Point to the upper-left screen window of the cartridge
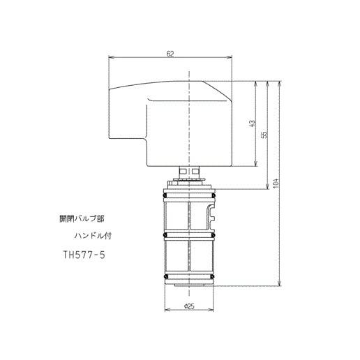pos(177,215)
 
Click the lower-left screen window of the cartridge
pos(177,258)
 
